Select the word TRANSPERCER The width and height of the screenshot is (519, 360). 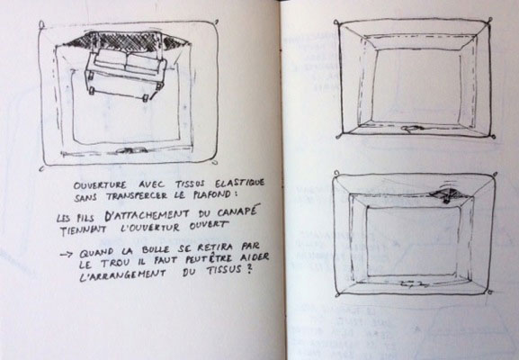(137, 196)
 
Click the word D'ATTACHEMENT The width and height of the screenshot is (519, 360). (147, 215)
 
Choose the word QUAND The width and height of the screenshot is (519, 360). (96, 253)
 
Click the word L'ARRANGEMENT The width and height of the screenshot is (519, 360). (123, 275)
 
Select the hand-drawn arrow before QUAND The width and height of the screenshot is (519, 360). (67, 255)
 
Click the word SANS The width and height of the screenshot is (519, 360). (85, 198)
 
